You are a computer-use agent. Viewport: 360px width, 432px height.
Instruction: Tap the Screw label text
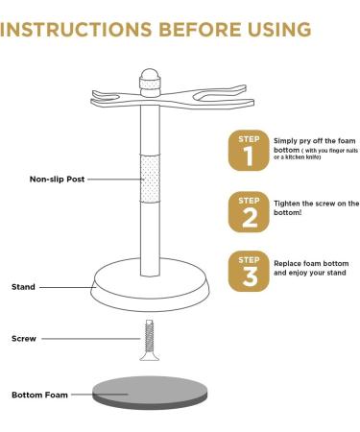pyautogui.click(x=24, y=338)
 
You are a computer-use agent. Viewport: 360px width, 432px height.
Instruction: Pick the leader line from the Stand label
pyautogui.click(x=67, y=286)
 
